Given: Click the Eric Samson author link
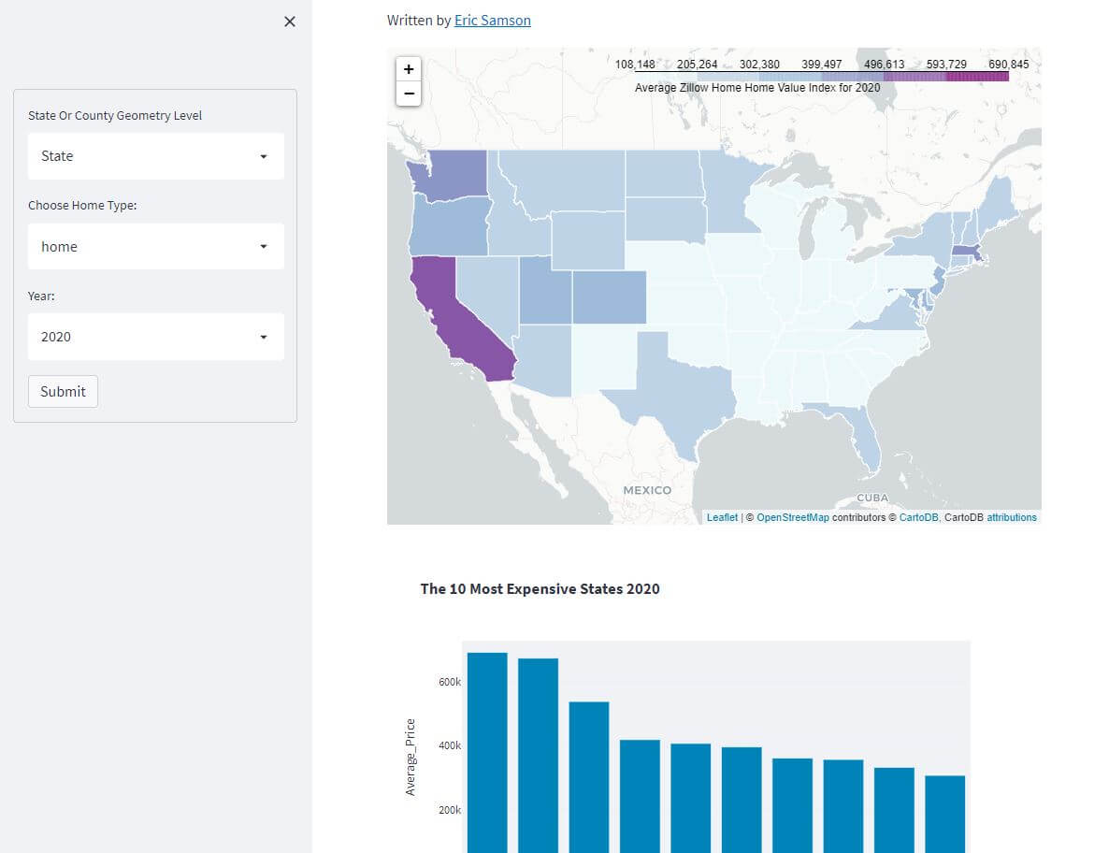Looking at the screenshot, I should click(492, 20).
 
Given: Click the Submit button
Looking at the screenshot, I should click(63, 392).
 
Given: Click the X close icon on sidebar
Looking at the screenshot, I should click(290, 22).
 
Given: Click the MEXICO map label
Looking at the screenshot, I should click(647, 490).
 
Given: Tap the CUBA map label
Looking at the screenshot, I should click(872, 499).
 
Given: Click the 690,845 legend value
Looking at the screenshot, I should click(1008, 65).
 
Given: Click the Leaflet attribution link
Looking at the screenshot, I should click(722, 517).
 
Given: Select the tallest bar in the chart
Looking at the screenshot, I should click(487, 748).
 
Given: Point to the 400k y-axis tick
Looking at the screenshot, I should click(450, 746).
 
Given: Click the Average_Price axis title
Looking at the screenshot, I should click(410, 757).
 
